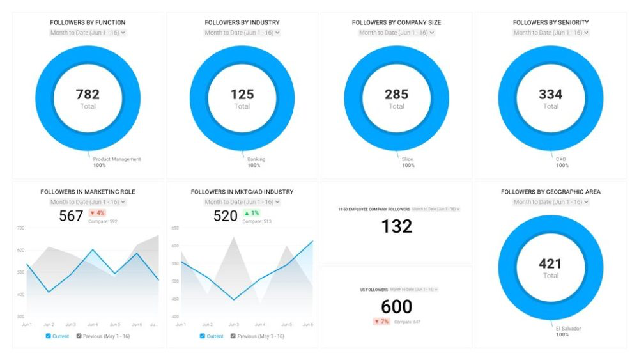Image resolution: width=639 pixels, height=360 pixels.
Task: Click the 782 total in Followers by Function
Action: click(88, 95)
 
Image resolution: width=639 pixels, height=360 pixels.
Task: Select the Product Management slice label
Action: click(116, 159)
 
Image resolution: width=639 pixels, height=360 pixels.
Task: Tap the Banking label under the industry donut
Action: click(256, 159)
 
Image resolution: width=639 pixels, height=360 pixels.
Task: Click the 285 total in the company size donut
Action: click(396, 95)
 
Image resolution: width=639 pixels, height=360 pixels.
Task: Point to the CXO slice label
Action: click(561, 159)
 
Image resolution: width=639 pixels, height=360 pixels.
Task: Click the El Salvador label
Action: click(568, 329)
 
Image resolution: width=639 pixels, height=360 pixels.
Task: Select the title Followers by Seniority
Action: click(551, 22)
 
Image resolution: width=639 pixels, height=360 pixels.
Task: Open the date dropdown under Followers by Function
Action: click(88, 32)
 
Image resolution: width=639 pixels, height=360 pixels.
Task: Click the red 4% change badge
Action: click(97, 213)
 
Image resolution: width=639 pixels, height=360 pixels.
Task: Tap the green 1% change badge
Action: click(251, 213)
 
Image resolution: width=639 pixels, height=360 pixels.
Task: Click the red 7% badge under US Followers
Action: click(381, 321)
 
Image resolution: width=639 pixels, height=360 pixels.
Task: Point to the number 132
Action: click(396, 226)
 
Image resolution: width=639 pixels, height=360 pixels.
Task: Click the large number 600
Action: click(396, 306)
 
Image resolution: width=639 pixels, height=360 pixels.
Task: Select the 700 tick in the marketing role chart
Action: click(20, 228)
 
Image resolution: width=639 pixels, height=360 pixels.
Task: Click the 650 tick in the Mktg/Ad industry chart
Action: click(174, 228)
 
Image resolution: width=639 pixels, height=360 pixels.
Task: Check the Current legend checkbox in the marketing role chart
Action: click(49, 336)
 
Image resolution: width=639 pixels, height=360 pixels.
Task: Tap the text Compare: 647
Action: click(408, 322)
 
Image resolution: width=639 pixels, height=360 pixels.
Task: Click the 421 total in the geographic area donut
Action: click(550, 263)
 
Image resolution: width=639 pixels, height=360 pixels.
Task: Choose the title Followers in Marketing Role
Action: click(88, 192)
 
